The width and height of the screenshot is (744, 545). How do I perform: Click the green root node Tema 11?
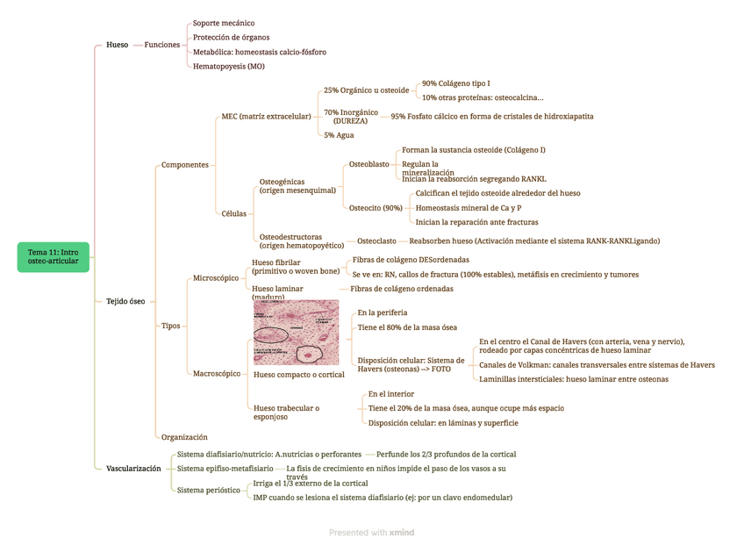pyautogui.click(x=53, y=257)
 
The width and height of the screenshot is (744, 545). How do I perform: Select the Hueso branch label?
pyautogui.click(x=117, y=45)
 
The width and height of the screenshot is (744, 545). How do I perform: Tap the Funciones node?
pyautogui.click(x=162, y=45)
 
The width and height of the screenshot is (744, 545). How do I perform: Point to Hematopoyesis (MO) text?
pyautogui.click(x=228, y=66)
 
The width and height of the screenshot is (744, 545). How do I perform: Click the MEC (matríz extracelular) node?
pyautogui.click(x=266, y=116)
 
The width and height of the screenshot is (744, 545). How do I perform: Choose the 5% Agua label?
pyautogui.click(x=339, y=135)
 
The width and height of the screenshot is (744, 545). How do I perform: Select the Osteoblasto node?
pyautogui.click(x=369, y=164)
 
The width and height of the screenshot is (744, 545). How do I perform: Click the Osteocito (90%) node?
pyautogui.click(x=376, y=208)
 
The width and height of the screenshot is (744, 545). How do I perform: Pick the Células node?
pyautogui.click(x=235, y=213)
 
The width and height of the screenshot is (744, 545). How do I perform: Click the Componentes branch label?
pyautogui.click(x=185, y=164)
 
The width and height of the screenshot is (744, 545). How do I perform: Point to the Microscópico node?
pyautogui.click(x=216, y=278)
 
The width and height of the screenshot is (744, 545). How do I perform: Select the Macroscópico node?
pyautogui.click(x=217, y=374)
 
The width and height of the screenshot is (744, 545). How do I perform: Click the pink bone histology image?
pyautogui.click(x=296, y=332)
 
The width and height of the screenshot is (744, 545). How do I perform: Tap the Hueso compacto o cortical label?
pyautogui.click(x=298, y=375)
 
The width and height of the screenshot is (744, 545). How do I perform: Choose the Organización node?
pyautogui.click(x=184, y=436)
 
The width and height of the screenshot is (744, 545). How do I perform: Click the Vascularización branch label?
pyautogui.click(x=133, y=469)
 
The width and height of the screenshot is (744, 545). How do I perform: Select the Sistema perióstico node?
pyautogui.click(x=209, y=491)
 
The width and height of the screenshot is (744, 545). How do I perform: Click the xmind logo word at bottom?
pyautogui.click(x=402, y=533)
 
